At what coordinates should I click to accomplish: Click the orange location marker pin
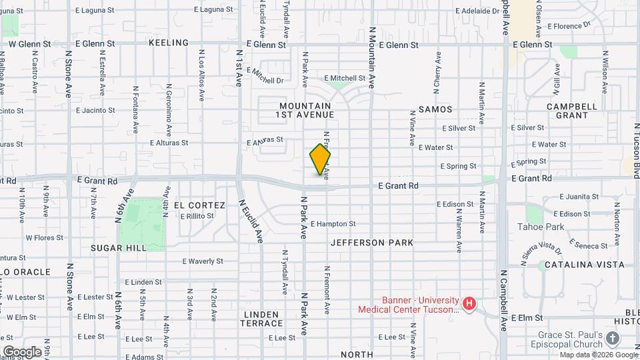(x=320, y=159)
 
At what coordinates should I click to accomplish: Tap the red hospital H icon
(x=469, y=305)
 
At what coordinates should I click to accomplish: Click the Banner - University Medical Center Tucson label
(x=409, y=305)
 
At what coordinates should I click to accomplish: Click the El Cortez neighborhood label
(x=199, y=205)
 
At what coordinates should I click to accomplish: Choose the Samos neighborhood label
(x=435, y=109)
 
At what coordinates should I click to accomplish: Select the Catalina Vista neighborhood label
(x=584, y=265)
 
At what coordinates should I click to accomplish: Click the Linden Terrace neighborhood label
(x=263, y=318)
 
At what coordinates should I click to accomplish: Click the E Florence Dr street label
(x=569, y=26)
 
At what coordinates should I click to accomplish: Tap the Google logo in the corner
(x=22, y=351)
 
